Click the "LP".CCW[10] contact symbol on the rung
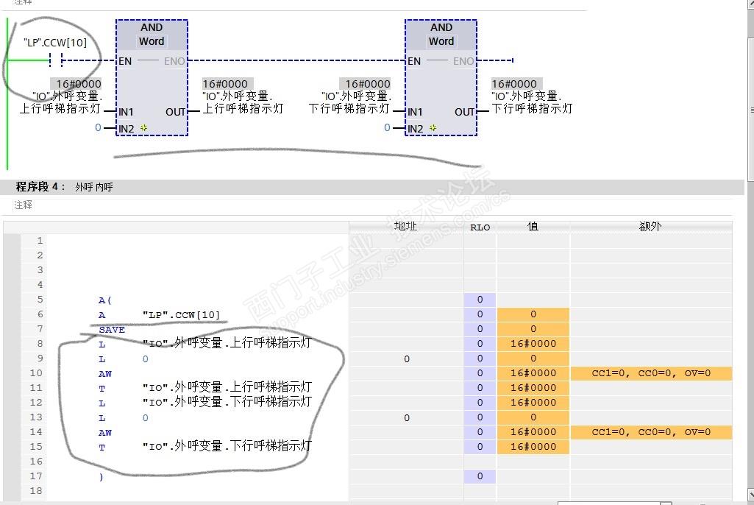(55, 60)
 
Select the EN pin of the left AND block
(125, 61)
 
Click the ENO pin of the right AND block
(463, 61)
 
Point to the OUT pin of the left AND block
(176, 112)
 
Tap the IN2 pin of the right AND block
(416, 129)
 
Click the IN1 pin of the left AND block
(127, 112)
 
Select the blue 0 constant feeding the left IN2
(98, 128)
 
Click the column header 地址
(405, 227)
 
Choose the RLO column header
(480, 227)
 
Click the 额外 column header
(650, 227)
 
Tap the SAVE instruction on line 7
(112, 329)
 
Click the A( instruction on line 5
(105, 300)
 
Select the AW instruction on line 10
(105, 373)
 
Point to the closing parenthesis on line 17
(101, 476)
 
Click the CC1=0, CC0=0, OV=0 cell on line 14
(651, 432)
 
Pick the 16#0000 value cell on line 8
(533, 344)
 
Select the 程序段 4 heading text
(41, 187)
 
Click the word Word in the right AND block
(441, 42)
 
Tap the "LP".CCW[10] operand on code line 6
(181, 314)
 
